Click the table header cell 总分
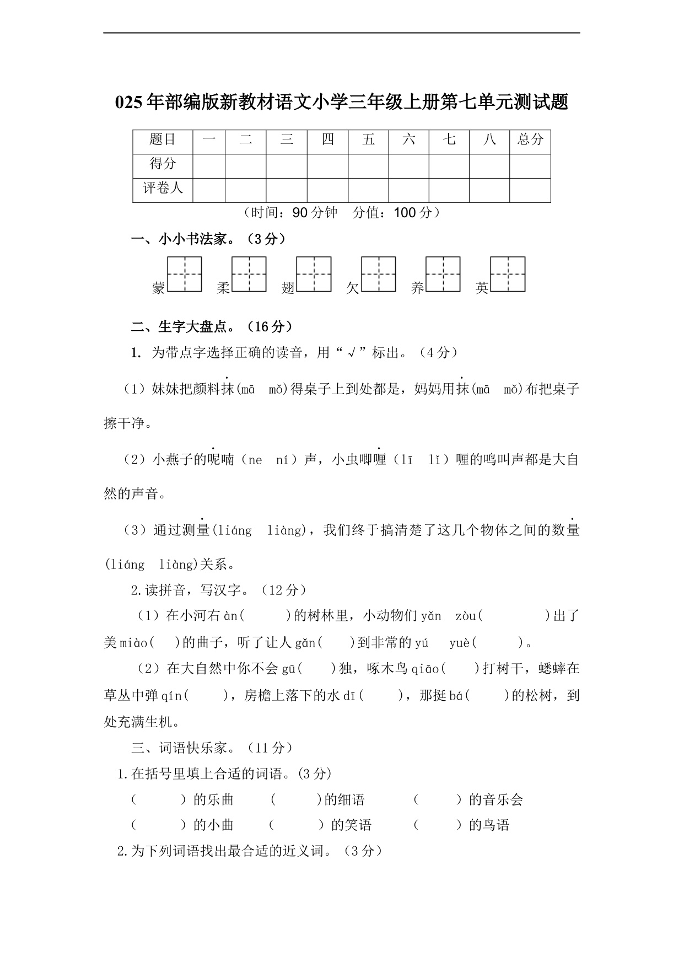530,139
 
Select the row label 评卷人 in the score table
163,188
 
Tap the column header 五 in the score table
368,139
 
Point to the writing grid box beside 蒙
185,274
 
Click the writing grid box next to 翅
314,274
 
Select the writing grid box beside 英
508,274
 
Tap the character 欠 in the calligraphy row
353,287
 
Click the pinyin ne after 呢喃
255,460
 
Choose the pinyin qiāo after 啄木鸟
425,669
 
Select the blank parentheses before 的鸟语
437,825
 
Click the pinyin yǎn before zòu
431,616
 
